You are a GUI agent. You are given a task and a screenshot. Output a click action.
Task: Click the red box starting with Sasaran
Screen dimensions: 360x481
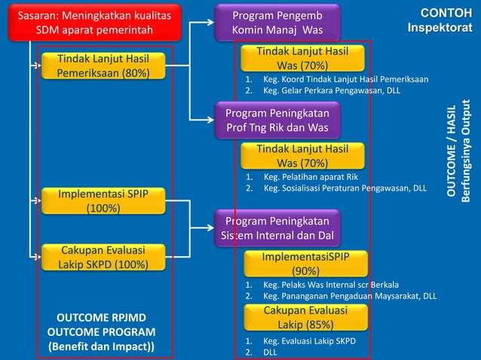pyautogui.click(x=94, y=23)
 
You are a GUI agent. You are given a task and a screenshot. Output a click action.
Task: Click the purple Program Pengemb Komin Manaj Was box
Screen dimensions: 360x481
pyautogui.click(x=277, y=23)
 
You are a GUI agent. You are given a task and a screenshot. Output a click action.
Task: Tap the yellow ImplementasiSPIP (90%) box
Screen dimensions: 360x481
pyautogui.click(x=305, y=264)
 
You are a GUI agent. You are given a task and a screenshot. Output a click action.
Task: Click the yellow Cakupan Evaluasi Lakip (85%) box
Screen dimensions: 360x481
pyautogui.click(x=305, y=318)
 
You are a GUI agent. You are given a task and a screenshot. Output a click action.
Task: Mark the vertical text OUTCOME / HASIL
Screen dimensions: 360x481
pyautogui.click(x=452, y=151)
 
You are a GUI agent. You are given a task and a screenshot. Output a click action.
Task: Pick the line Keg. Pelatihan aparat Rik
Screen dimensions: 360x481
pyautogui.click(x=310, y=178)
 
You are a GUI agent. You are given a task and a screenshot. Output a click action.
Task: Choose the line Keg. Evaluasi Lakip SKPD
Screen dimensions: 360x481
pyautogui.click(x=309, y=340)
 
